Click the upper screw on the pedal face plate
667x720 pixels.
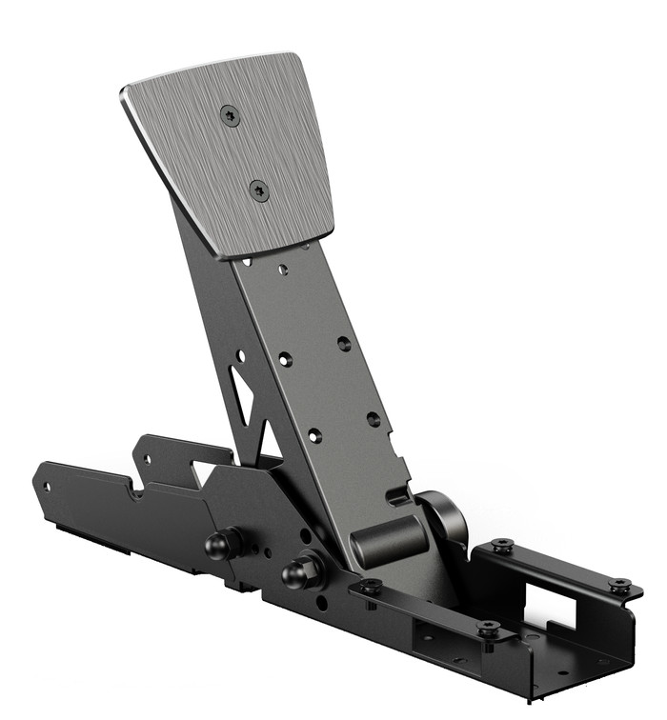point(230,115)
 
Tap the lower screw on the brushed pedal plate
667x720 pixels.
point(259,190)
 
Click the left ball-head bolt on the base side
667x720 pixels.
point(220,546)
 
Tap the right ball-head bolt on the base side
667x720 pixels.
point(300,573)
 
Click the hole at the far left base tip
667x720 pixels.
point(47,486)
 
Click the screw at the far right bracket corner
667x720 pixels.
point(620,585)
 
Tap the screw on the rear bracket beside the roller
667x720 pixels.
point(502,547)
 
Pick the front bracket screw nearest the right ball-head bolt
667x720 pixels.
point(371,587)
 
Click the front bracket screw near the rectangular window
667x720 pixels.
point(489,628)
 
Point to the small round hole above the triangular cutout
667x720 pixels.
point(240,355)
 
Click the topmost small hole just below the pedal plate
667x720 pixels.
point(282,270)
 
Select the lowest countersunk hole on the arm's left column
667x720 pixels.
point(314,435)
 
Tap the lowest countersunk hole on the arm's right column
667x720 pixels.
point(374,419)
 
